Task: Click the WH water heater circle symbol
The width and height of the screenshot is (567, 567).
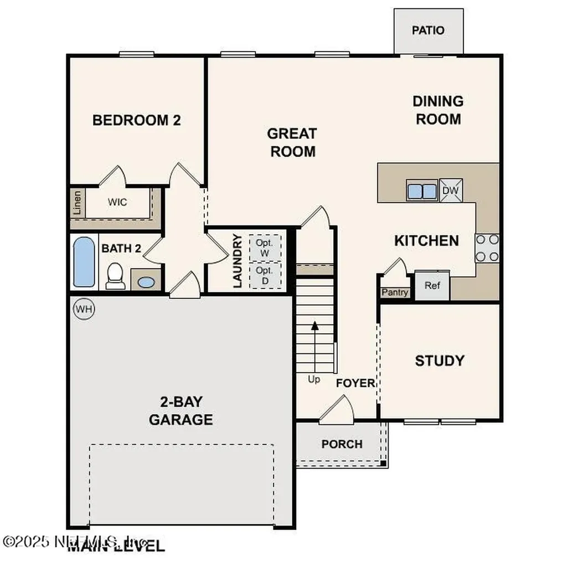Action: [x=84, y=308]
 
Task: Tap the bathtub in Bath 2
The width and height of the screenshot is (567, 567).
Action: [x=84, y=262]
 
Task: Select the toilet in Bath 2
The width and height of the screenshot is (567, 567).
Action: [x=115, y=275]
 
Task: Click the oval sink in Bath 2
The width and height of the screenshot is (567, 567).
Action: [x=146, y=282]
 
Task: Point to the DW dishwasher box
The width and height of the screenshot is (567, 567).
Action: [x=451, y=190]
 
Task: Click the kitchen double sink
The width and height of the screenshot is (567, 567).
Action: [x=422, y=190]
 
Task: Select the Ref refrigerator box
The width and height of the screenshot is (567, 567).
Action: [x=432, y=286]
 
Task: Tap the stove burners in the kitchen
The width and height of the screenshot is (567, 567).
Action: [x=487, y=248]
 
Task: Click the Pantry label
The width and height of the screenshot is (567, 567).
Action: [x=395, y=292]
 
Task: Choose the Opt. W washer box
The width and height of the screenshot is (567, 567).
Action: [x=265, y=248]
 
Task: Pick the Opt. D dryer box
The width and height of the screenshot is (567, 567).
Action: [x=265, y=275]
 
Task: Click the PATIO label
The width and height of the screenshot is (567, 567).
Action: [x=428, y=30]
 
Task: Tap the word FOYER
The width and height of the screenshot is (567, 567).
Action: [x=355, y=383]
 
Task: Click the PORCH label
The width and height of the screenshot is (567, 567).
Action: [x=342, y=444]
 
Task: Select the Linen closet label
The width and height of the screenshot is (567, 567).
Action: [x=77, y=203]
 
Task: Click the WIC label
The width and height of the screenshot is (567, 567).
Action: [x=117, y=202]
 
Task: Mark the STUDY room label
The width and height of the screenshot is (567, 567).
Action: [x=440, y=361]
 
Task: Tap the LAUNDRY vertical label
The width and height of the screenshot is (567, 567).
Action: [x=238, y=261]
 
